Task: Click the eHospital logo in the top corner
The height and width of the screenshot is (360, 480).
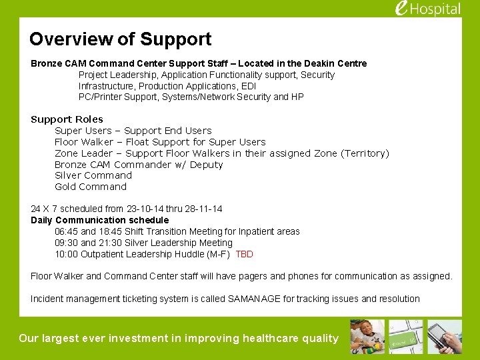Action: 427,9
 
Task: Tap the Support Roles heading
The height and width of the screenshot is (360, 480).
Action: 67,119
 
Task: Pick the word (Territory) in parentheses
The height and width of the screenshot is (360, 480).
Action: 365,153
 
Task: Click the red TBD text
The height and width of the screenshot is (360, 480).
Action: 244,254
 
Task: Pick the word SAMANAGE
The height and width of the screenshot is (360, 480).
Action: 254,299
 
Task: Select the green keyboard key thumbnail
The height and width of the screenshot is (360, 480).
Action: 407,337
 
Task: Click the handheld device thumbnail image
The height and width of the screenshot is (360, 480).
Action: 445,337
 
